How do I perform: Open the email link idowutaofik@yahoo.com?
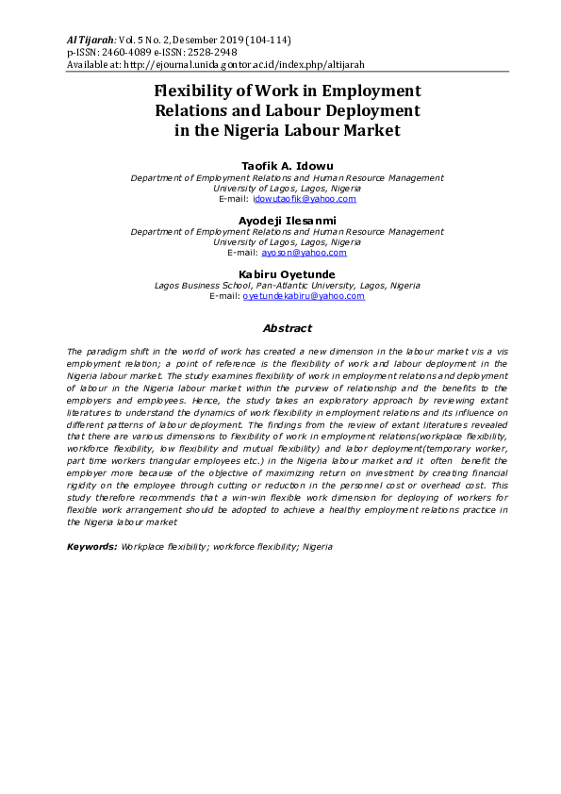304,199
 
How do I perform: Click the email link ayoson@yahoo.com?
304,253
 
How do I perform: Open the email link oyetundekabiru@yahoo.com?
304,296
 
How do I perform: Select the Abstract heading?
287,328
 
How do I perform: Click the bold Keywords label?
92,546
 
